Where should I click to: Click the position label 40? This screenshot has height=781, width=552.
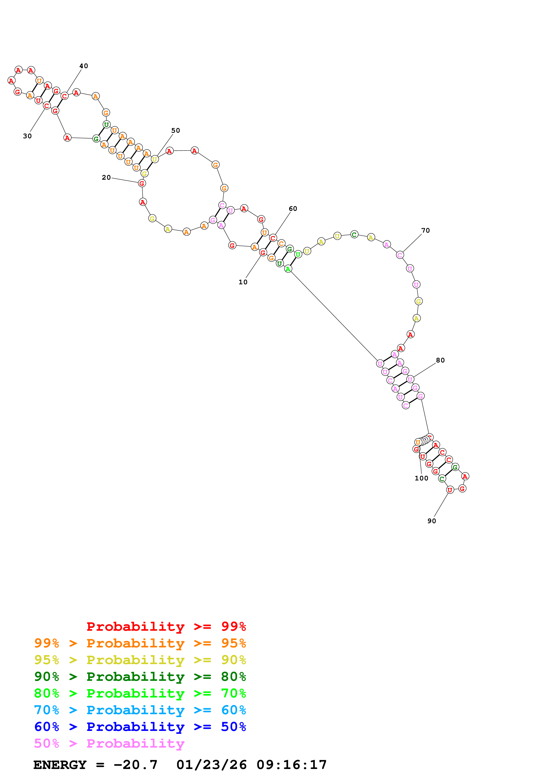(84, 66)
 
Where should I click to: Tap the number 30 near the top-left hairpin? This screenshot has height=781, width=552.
(27, 136)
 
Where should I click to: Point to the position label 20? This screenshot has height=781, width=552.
(106, 178)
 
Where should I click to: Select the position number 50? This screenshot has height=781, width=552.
(175, 131)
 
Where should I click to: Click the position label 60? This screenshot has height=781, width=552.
(293, 209)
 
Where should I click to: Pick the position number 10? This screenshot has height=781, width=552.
(243, 282)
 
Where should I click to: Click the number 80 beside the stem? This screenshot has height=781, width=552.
(440, 360)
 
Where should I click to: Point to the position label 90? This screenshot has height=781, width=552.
(432, 521)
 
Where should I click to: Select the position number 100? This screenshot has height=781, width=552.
(421, 478)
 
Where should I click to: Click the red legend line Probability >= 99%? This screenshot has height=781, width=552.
(166, 626)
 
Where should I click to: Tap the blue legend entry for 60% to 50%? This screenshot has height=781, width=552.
(140, 727)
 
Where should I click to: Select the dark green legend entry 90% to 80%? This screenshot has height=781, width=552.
(140, 677)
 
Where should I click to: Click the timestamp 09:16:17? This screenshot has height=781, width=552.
(291, 765)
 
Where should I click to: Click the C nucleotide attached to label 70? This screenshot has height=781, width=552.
(400, 255)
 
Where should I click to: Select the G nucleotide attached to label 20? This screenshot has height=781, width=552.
(142, 183)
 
